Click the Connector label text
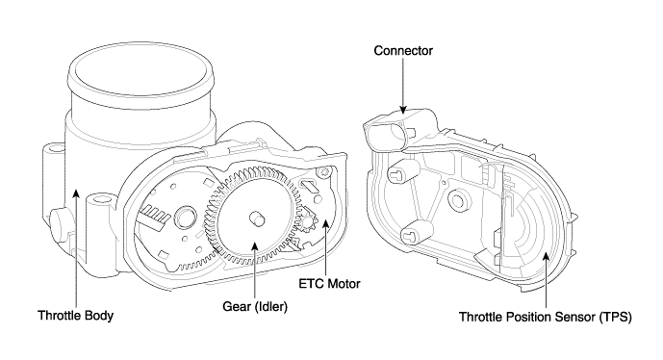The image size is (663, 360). (403, 51)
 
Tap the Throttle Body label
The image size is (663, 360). (76, 316)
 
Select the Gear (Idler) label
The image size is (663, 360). (255, 306)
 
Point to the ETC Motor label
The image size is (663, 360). (329, 283)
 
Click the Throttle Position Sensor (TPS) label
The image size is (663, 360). (546, 317)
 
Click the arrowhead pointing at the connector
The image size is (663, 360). (403, 110)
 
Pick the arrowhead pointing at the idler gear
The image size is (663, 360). (255, 246)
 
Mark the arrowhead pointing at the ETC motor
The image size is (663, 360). (325, 224)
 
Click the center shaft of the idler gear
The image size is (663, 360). (257, 219)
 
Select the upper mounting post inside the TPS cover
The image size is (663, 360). (401, 171)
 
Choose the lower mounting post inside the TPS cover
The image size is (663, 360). (415, 232)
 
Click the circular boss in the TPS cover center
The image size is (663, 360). (457, 199)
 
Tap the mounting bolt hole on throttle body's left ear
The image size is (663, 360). (54, 148)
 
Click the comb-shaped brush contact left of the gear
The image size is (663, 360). (153, 217)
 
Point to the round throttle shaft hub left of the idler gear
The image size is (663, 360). (185, 218)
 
